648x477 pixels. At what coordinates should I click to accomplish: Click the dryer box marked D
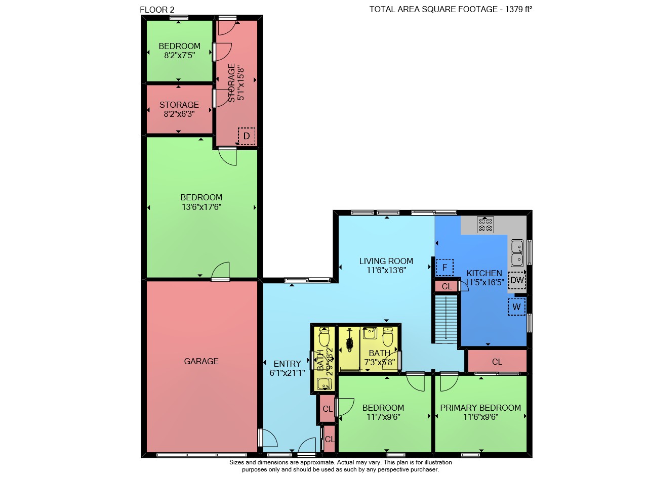coord(247,136)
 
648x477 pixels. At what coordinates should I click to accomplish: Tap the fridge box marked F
coord(444,268)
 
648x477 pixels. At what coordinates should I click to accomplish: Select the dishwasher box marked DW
coord(517,280)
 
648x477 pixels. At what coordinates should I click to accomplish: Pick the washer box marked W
coord(517,307)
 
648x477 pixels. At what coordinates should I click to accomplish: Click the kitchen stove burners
coord(485,225)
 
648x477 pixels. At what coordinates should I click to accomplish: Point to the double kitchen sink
coord(517,253)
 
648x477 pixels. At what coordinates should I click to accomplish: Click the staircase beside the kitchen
coord(446,319)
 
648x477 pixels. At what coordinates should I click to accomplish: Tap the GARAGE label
coord(201,361)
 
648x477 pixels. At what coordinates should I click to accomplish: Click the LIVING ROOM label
coord(386,261)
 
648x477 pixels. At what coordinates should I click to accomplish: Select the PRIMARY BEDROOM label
coord(480,408)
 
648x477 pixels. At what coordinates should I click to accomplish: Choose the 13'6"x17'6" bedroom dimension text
coord(201,207)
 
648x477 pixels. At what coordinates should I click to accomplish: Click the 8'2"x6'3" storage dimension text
coord(179,114)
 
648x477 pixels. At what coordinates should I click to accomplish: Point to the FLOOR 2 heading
coord(157,10)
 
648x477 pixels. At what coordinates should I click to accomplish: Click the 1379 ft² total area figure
coord(519,9)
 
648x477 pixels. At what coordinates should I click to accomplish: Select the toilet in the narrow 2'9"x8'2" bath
coord(324,336)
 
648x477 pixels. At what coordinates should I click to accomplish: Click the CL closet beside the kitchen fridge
coord(447,286)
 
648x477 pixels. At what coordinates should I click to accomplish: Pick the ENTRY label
coord(287,363)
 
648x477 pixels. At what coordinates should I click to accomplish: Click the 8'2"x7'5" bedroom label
coord(180,50)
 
